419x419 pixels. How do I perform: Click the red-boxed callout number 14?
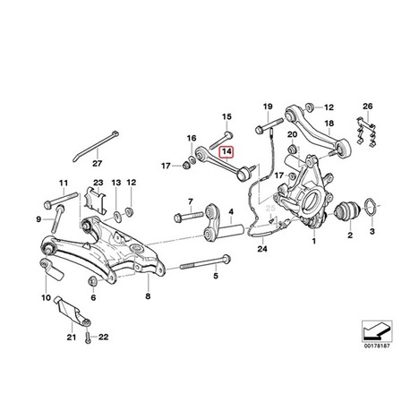227,152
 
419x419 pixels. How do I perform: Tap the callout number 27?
98,163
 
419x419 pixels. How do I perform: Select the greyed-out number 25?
270,208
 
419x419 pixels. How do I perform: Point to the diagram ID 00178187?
377,346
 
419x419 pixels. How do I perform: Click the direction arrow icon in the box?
377,330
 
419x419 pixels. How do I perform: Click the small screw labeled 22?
88,338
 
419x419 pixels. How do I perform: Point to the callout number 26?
368,106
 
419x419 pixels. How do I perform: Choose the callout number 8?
148,296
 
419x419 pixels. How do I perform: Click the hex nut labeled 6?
93,281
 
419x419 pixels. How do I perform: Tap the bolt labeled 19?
269,125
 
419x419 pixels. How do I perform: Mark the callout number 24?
262,248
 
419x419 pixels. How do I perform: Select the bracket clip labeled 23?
96,201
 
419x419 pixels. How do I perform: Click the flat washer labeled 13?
116,214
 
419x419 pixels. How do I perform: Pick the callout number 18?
329,124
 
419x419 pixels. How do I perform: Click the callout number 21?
72,337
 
